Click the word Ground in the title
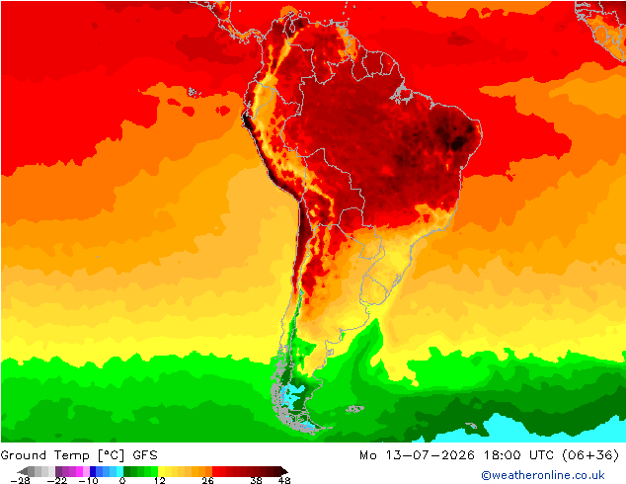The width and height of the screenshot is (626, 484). (x=24, y=455)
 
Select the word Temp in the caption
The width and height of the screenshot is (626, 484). (x=71, y=456)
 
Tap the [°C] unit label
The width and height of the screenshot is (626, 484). (x=112, y=455)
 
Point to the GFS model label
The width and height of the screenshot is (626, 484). (x=145, y=455)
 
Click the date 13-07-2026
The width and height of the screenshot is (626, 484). (x=430, y=455)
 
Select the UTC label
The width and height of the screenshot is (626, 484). (x=541, y=455)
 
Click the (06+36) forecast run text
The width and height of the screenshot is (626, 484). (x=590, y=455)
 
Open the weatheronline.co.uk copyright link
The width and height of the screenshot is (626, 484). (x=543, y=475)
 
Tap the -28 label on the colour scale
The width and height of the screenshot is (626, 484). (x=20, y=480)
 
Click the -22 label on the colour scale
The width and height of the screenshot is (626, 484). (x=57, y=480)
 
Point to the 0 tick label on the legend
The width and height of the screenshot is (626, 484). (x=122, y=480)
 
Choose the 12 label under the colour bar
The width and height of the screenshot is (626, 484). (x=160, y=480)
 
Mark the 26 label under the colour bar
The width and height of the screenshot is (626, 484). (x=207, y=480)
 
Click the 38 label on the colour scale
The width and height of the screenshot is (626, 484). (x=257, y=480)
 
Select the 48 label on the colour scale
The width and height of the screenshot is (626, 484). (x=284, y=480)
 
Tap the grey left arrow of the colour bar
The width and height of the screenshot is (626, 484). (x=23, y=471)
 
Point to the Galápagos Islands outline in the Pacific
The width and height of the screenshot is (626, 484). (x=194, y=92)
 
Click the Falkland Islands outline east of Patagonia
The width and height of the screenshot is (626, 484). (x=354, y=409)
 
